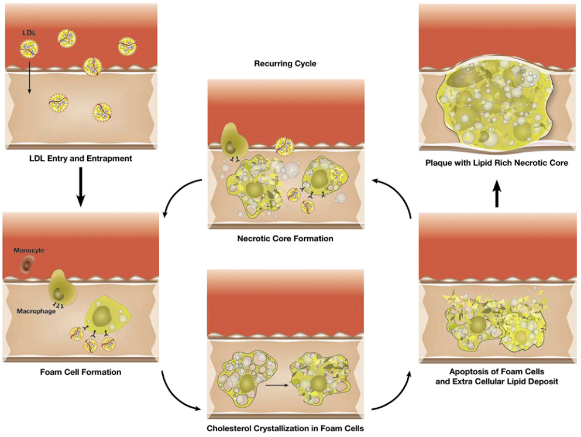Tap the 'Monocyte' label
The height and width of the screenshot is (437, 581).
30,250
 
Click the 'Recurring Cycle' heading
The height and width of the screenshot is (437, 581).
285,63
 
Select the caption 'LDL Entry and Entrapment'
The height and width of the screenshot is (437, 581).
81,159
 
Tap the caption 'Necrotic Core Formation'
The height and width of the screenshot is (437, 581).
285,238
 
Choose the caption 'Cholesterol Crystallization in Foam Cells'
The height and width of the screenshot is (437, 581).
286,428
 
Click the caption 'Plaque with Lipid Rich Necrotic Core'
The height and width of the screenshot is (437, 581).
497,163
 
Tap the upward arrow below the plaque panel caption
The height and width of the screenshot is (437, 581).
497,193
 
